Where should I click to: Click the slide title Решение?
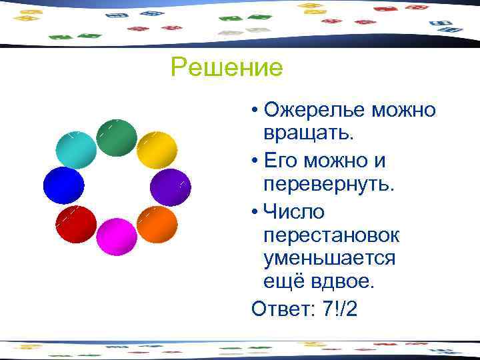click(x=227, y=67)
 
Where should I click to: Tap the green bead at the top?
click(x=117, y=138)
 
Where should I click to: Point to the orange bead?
click(x=157, y=225)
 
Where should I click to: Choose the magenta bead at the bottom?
click(x=117, y=237)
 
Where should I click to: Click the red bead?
click(x=76, y=225)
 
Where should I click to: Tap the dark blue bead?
click(x=63, y=185)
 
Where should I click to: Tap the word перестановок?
click(x=332, y=235)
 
